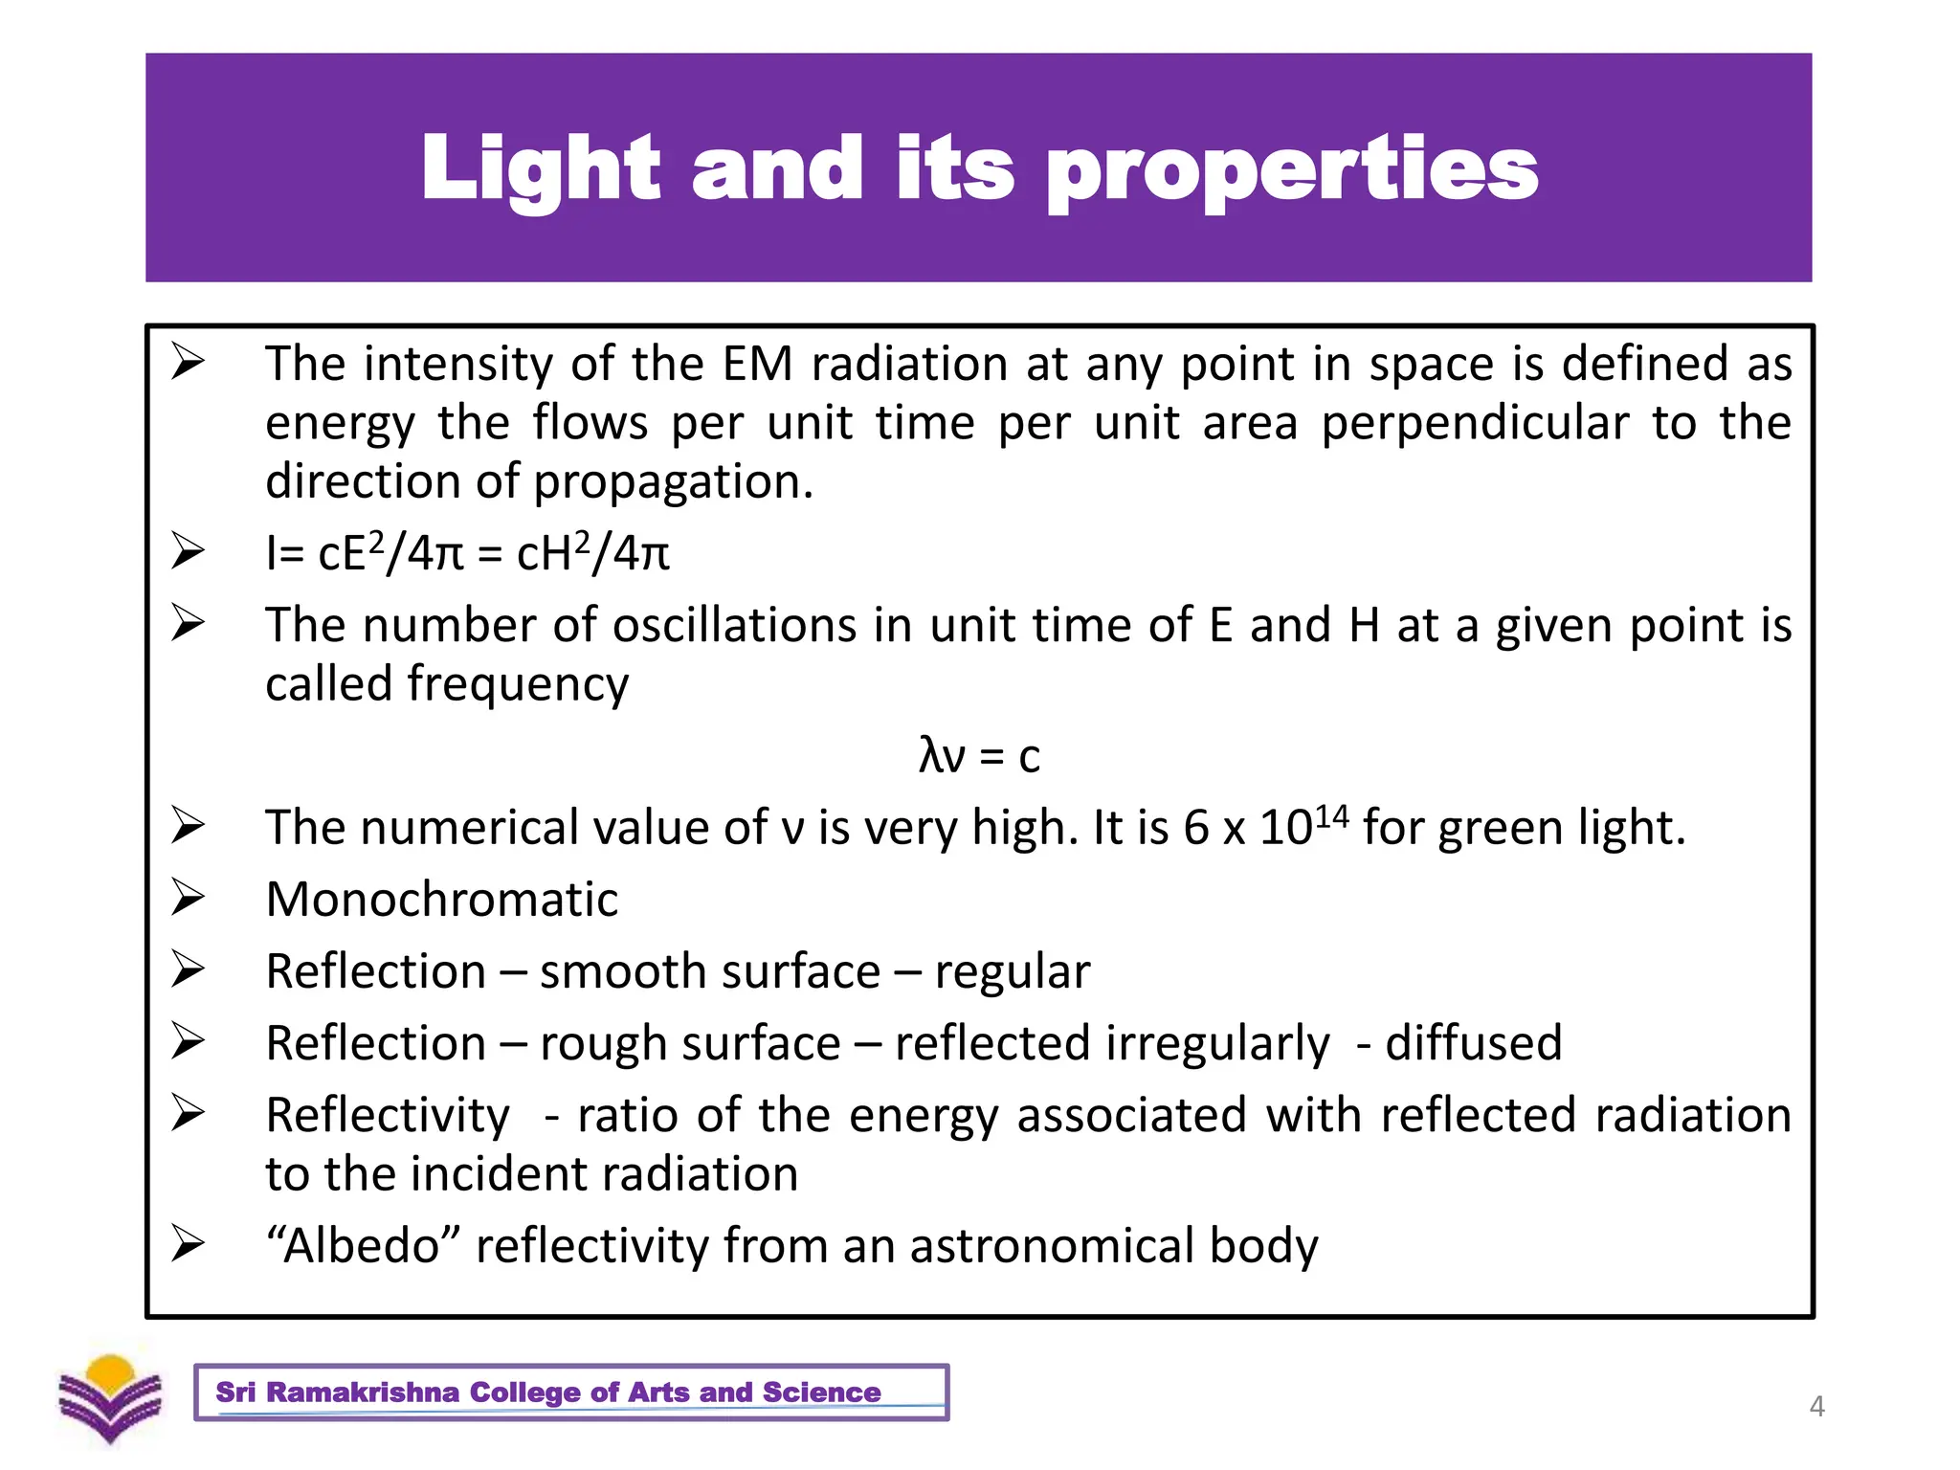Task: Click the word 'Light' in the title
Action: (x=541, y=169)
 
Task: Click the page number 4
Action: (x=1816, y=1406)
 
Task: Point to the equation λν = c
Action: (x=978, y=756)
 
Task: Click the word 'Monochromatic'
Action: (x=441, y=900)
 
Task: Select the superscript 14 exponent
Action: (x=1331, y=816)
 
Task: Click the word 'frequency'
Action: (x=518, y=685)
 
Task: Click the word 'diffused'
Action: (x=1473, y=1043)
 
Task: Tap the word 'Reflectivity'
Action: (x=388, y=1116)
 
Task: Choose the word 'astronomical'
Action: (x=1052, y=1246)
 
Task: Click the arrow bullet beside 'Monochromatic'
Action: (x=188, y=898)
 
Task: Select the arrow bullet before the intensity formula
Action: (x=188, y=551)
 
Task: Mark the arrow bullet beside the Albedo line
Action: (x=188, y=1244)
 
